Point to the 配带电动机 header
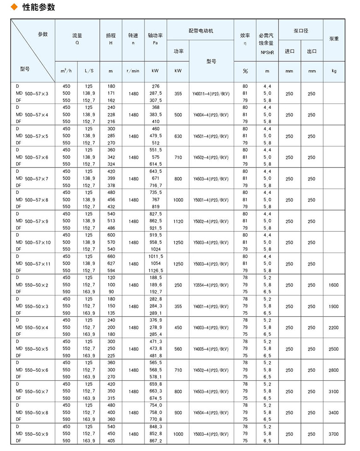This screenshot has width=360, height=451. click(x=201, y=31)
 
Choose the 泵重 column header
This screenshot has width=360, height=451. click(x=333, y=39)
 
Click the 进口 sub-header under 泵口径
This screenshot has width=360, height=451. click(x=289, y=51)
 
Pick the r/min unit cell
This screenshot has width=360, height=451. click(x=133, y=71)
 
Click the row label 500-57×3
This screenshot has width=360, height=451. click(x=38, y=94)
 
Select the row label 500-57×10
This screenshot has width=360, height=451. click(x=40, y=243)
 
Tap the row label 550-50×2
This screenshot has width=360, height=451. click(x=38, y=285)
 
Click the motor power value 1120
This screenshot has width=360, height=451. click(x=178, y=221)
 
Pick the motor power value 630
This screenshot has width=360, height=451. click(x=178, y=136)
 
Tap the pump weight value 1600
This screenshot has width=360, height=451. click(x=333, y=285)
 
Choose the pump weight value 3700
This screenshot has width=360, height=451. click(x=333, y=434)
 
